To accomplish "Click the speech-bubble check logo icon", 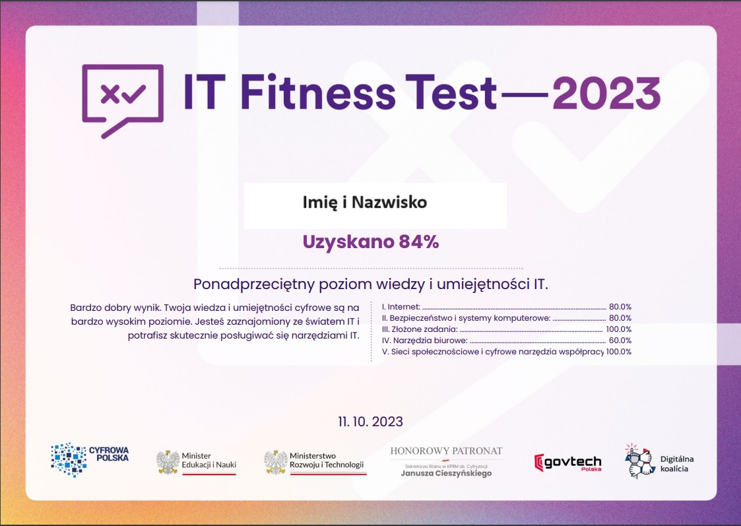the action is pyautogui.click(x=123, y=101).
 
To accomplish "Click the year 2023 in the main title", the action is pyautogui.click(x=606, y=92).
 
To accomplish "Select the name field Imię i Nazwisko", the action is pyautogui.click(x=365, y=202).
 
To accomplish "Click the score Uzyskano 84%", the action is pyautogui.click(x=371, y=242).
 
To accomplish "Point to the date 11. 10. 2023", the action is pyautogui.click(x=371, y=422).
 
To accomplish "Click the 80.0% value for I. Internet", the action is pyautogui.click(x=620, y=307).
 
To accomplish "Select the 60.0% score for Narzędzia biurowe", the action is pyautogui.click(x=620, y=341).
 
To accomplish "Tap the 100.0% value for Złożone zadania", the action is pyautogui.click(x=619, y=329).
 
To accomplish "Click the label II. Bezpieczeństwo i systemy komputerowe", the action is pyautogui.click(x=466, y=318).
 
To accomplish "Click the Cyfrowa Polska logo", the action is pyautogui.click(x=90, y=459).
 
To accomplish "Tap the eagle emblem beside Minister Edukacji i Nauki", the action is pyautogui.click(x=168, y=462).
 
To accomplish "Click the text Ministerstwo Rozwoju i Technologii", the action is pyautogui.click(x=327, y=460).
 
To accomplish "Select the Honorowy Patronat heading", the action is pyautogui.click(x=446, y=451).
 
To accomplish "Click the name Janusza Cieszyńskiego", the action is pyautogui.click(x=446, y=473).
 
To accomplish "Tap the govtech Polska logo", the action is pyautogui.click(x=567, y=463).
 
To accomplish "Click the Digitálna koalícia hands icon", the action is pyautogui.click(x=639, y=461).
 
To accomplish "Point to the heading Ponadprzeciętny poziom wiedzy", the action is pyautogui.click(x=371, y=284).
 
